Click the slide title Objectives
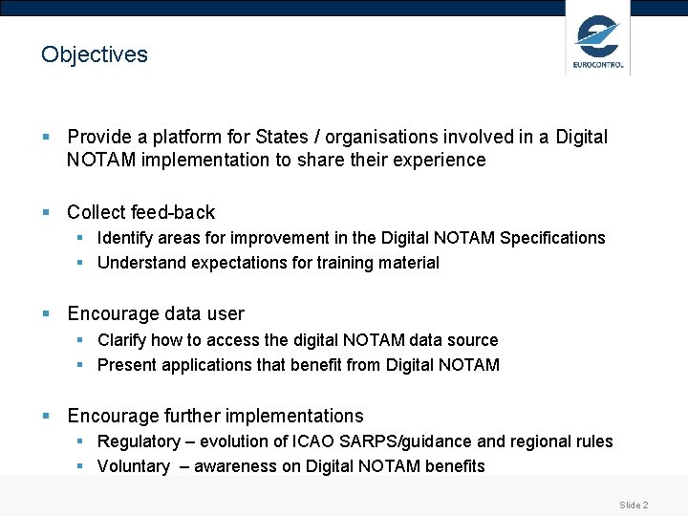tap(95, 54)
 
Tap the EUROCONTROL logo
tap(598, 42)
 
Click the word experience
tap(439, 160)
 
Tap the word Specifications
tap(553, 237)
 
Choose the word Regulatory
tap(139, 441)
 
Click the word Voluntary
tap(134, 466)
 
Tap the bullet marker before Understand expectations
tap(81, 263)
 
